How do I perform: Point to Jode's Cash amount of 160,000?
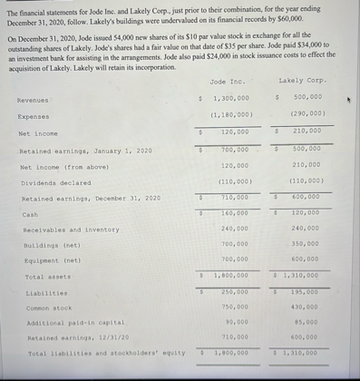tap(234, 214)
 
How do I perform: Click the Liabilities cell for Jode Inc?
tap(234, 292)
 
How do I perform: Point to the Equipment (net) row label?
tap(53, 260)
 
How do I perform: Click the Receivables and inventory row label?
tap(71, 230)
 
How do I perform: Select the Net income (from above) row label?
tap(63, 167)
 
